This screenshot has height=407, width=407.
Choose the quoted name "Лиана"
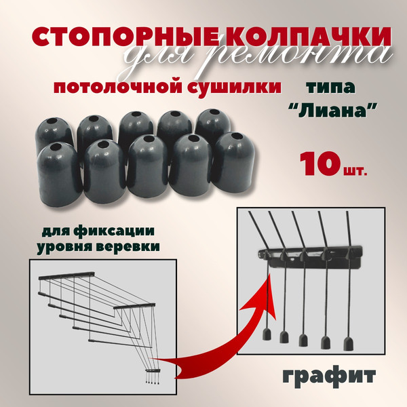332,114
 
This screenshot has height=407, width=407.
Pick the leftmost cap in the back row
54,129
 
